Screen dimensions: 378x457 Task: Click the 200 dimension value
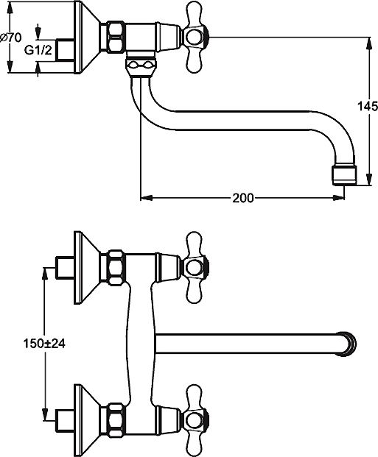tap(243, 198)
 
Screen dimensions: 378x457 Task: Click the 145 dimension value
tap(368, 106)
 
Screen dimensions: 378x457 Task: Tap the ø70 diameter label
tap(11, 38)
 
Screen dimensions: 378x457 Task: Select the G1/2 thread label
tap(38, 50)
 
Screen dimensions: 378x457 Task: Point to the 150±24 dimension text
tap(44, 344)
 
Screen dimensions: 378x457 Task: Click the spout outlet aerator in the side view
tap(345, 175)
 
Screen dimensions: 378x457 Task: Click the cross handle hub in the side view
tap(195, 38)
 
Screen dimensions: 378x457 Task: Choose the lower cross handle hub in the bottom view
tap(195, 420)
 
